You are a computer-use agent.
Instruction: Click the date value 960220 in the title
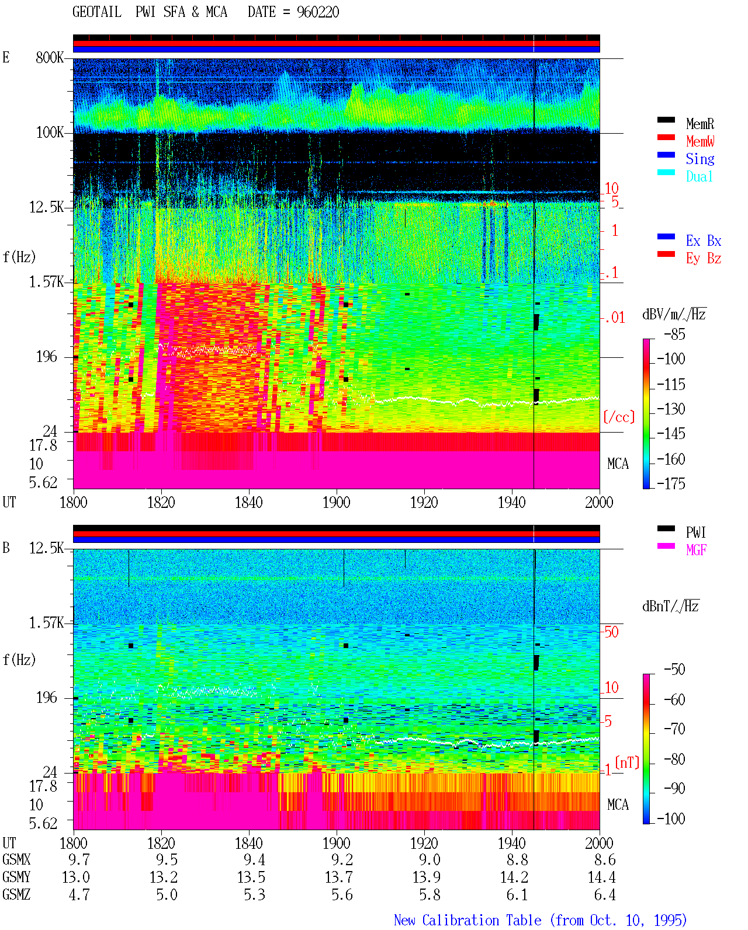click(317, 12)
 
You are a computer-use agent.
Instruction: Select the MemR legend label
click(699, 124)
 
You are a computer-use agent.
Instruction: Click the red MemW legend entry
click(699, 141)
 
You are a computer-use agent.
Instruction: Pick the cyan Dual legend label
click(699, 176)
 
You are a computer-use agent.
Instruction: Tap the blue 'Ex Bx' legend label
click(703, 241)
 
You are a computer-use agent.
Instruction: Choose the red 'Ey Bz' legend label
click(703, 258)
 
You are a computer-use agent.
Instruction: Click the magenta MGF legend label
click(696, 550)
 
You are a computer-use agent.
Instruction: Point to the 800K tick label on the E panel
click(50, 57)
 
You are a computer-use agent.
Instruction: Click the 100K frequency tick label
click(50, 133)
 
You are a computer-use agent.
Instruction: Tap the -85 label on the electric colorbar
click(674, 334)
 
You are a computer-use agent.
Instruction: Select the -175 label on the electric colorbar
click(671, 483)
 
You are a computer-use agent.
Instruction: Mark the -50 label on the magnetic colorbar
click(674, 669)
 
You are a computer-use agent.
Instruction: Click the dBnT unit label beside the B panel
click(670, 607)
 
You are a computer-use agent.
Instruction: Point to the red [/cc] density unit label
click(619, 417)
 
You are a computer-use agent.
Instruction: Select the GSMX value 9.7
click(79, 859)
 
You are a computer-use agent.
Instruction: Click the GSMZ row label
click(16, 894)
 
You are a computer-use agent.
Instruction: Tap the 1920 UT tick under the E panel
click(424, 502)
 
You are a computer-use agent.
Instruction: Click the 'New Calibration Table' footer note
click(467, 920)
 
